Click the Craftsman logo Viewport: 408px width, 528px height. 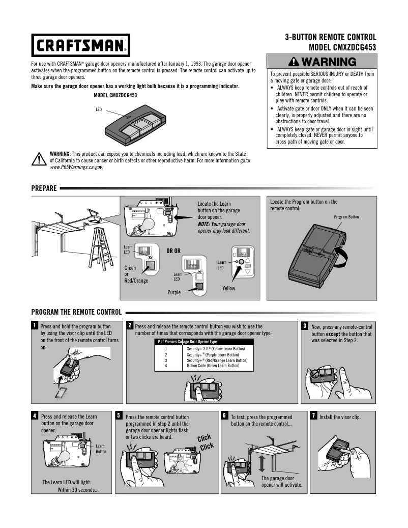pyautogui.click(x=80, y=45)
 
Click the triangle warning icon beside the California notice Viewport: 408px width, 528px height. pyautogui.click(x=39, y=159)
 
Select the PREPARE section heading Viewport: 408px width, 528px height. pyautogui.click(x=44, y=188)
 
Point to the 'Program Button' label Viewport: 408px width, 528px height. pyautogui.click(x=346, y=217)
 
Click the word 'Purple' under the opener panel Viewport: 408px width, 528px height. pyautogui.click(x=174, y=292)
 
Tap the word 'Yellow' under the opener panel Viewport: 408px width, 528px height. pyautogui.click(x=229, y=288)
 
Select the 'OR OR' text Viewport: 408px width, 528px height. pyautogui.click(x=173, y=251)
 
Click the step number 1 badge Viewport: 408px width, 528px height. pyautogui.click(x=35, y=325)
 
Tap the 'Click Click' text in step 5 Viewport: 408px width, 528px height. pyautogui.click(x=205, y=443)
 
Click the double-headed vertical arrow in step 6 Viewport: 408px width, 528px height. pyautogui.click(x=261, y=464)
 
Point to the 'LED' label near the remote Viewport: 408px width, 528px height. pyautogui.click(x=99, y=109)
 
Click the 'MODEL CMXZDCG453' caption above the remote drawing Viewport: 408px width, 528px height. pyautogui.click(x=115, y=95)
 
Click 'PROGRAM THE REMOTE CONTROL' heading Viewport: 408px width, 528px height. pyautogui.click(x=76, y=312)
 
